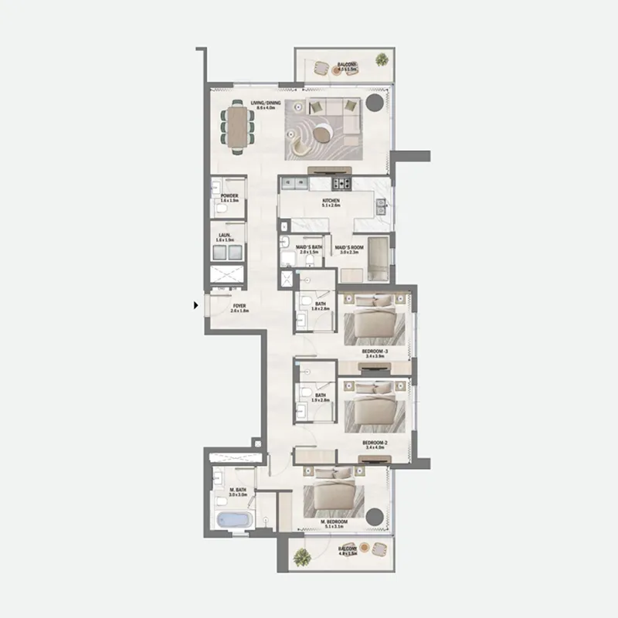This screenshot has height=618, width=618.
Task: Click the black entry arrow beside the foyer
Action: click(x=196, y=306)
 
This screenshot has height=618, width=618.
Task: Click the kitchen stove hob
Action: click(x=341, y=184)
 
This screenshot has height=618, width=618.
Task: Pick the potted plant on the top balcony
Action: click(x=382, y=59)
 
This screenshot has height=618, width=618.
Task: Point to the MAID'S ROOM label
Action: click(x=348, y=249)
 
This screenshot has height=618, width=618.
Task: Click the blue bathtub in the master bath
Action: click(x=231, y=521)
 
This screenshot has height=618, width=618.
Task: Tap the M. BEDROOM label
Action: click(x=334, y=523)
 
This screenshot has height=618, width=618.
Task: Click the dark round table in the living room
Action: click(x=375, y=104)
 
